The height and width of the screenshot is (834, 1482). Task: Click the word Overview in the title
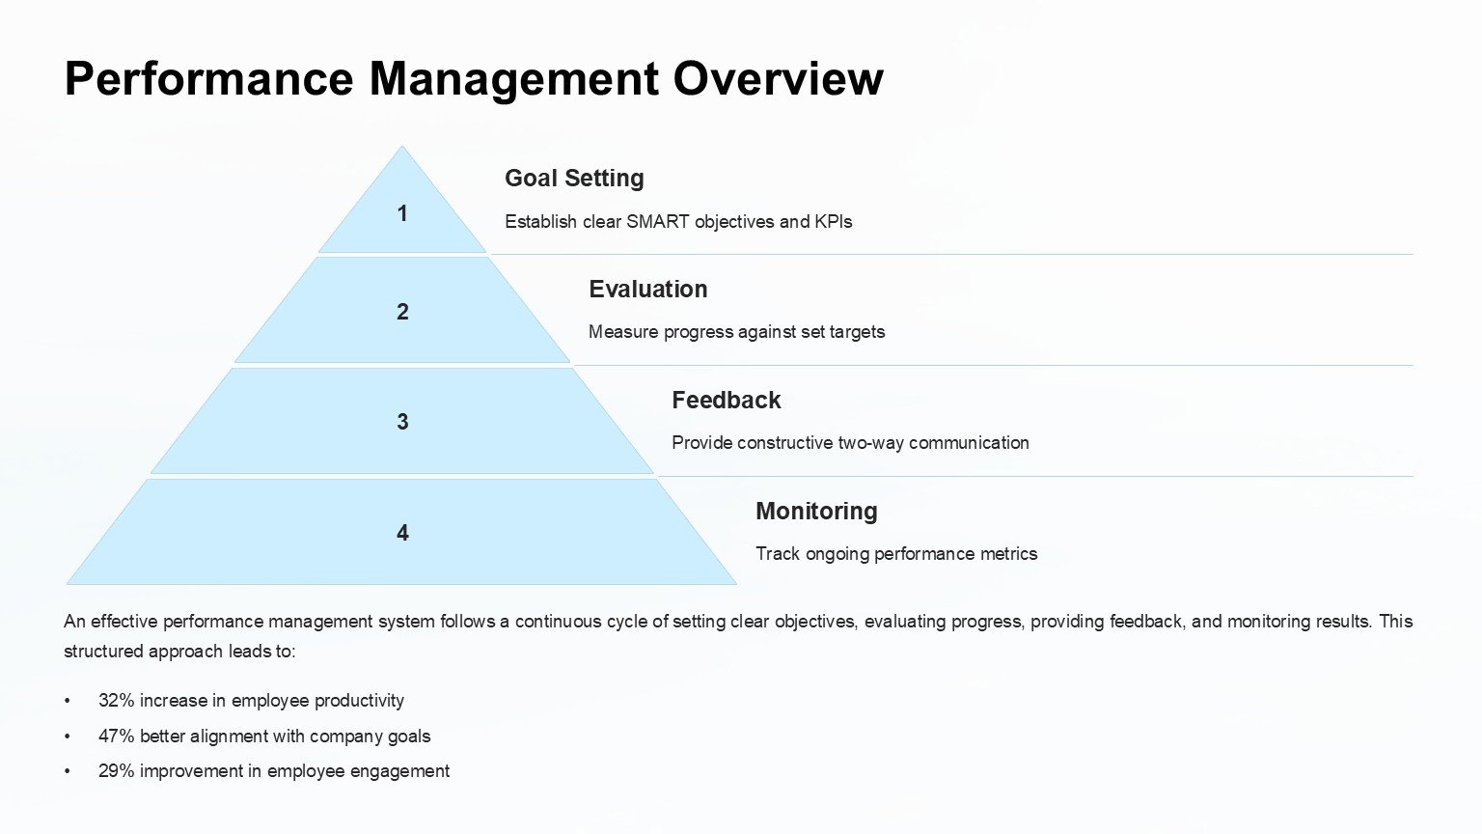(778, 79)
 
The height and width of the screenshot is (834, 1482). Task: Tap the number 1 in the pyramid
(402, 213)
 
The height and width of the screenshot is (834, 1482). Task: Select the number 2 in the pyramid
(402, 312)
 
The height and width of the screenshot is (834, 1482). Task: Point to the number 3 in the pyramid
(402, 422)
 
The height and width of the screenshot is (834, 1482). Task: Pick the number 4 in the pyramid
(402, 533)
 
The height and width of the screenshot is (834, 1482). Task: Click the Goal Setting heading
(574, 178)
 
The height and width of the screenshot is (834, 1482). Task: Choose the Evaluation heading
(648, 290)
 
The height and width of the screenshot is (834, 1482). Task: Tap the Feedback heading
(727, 401)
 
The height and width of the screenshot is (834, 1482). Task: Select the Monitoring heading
(816, 511)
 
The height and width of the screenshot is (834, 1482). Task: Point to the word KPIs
(833, 222)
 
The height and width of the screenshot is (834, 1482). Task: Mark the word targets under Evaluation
(857, 332)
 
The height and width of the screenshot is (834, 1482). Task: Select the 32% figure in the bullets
(117, 700)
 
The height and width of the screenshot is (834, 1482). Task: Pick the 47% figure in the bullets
(117, 737)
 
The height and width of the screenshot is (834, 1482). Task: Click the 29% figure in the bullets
(117, 771)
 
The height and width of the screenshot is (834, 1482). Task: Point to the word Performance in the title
(209, 79)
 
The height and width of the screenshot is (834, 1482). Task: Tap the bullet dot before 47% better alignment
(67, 737)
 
